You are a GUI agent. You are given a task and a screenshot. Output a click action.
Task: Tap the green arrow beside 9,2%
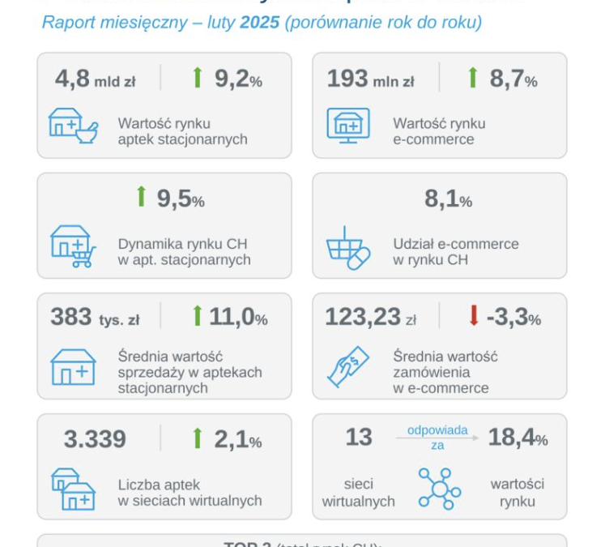pos(197,78)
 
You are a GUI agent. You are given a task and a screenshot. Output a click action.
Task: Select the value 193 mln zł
pos(370,79)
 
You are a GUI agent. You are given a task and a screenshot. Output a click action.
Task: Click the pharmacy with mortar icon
pos(74,126)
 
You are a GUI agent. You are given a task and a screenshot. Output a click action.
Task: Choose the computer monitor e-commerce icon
pos(348,126)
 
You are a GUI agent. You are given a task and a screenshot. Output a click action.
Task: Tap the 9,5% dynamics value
pos(180,199)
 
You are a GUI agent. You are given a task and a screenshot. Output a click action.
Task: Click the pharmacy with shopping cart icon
pos(73,246)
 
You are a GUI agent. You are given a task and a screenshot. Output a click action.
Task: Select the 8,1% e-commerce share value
pos(448,199)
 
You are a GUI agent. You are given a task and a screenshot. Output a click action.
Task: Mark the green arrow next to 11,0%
pos(197,317)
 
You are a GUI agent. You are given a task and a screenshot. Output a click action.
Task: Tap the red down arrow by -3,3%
pos(473,317)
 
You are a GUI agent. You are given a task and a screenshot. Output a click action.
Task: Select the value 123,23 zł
pos(370,318)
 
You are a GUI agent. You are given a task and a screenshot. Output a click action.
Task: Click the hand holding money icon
pos(348,365)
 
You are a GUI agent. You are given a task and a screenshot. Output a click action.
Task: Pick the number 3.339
pos(95,438)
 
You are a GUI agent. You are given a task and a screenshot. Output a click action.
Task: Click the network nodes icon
pos(439,489)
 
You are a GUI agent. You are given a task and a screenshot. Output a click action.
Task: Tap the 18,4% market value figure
pos(518,438)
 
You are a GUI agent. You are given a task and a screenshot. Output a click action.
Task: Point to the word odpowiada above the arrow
pos(437,430)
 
